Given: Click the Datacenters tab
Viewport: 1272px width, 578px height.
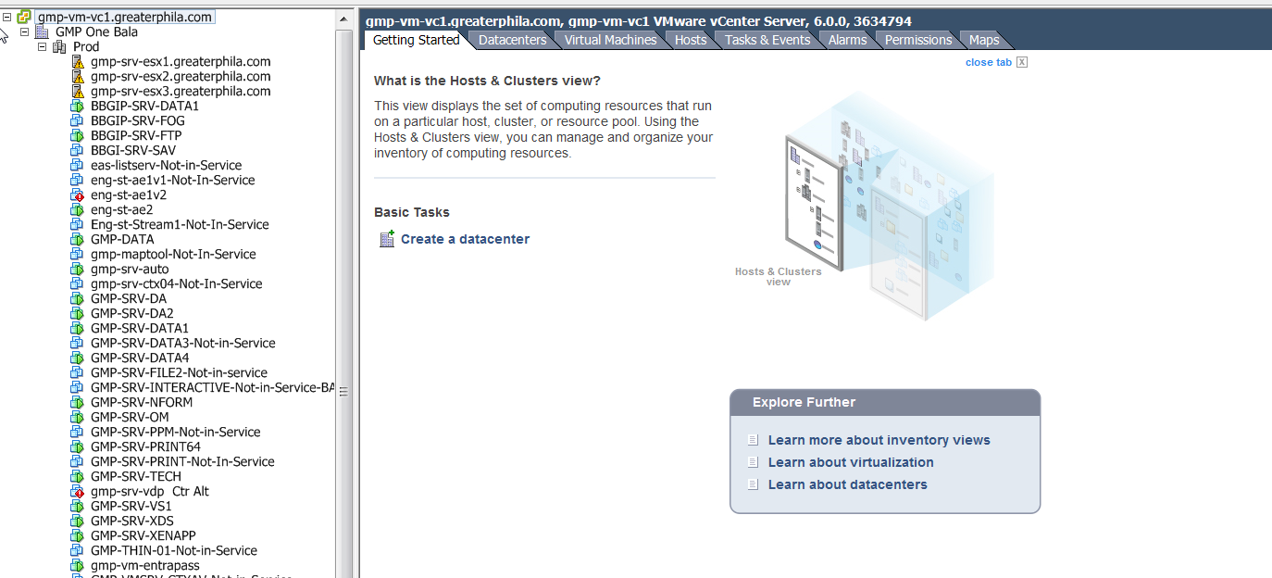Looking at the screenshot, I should point(512,40).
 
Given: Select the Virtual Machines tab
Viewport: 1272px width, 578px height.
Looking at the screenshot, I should point(610,40).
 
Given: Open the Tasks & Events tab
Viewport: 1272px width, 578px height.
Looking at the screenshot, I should point(767,40).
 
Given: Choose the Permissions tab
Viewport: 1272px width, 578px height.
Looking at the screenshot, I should point(917,40).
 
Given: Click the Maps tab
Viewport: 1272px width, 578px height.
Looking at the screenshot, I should point(983,40).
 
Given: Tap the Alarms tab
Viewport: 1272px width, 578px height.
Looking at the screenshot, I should point(847,40).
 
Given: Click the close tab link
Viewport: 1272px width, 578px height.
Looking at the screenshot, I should point(988,62).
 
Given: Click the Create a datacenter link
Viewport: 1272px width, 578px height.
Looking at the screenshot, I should point(465,239).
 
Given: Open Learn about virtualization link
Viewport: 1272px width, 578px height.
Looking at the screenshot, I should point(850,462).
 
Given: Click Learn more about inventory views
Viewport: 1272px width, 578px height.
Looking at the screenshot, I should point(879,440).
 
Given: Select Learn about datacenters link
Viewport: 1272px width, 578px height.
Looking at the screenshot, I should point(847,484).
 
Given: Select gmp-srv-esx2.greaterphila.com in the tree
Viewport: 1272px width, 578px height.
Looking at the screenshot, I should point(181,76).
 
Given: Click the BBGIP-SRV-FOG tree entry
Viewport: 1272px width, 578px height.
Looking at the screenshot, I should point(137,120).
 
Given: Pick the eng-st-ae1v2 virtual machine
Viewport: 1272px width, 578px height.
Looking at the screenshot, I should point(128,195).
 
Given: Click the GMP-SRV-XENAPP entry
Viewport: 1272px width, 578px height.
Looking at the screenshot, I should point(143,535).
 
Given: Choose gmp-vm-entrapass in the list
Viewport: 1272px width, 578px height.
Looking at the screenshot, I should point(144,565).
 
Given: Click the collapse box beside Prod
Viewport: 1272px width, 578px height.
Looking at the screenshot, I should point(42,46).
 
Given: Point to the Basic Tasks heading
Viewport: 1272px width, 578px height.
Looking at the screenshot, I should point(411,212).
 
